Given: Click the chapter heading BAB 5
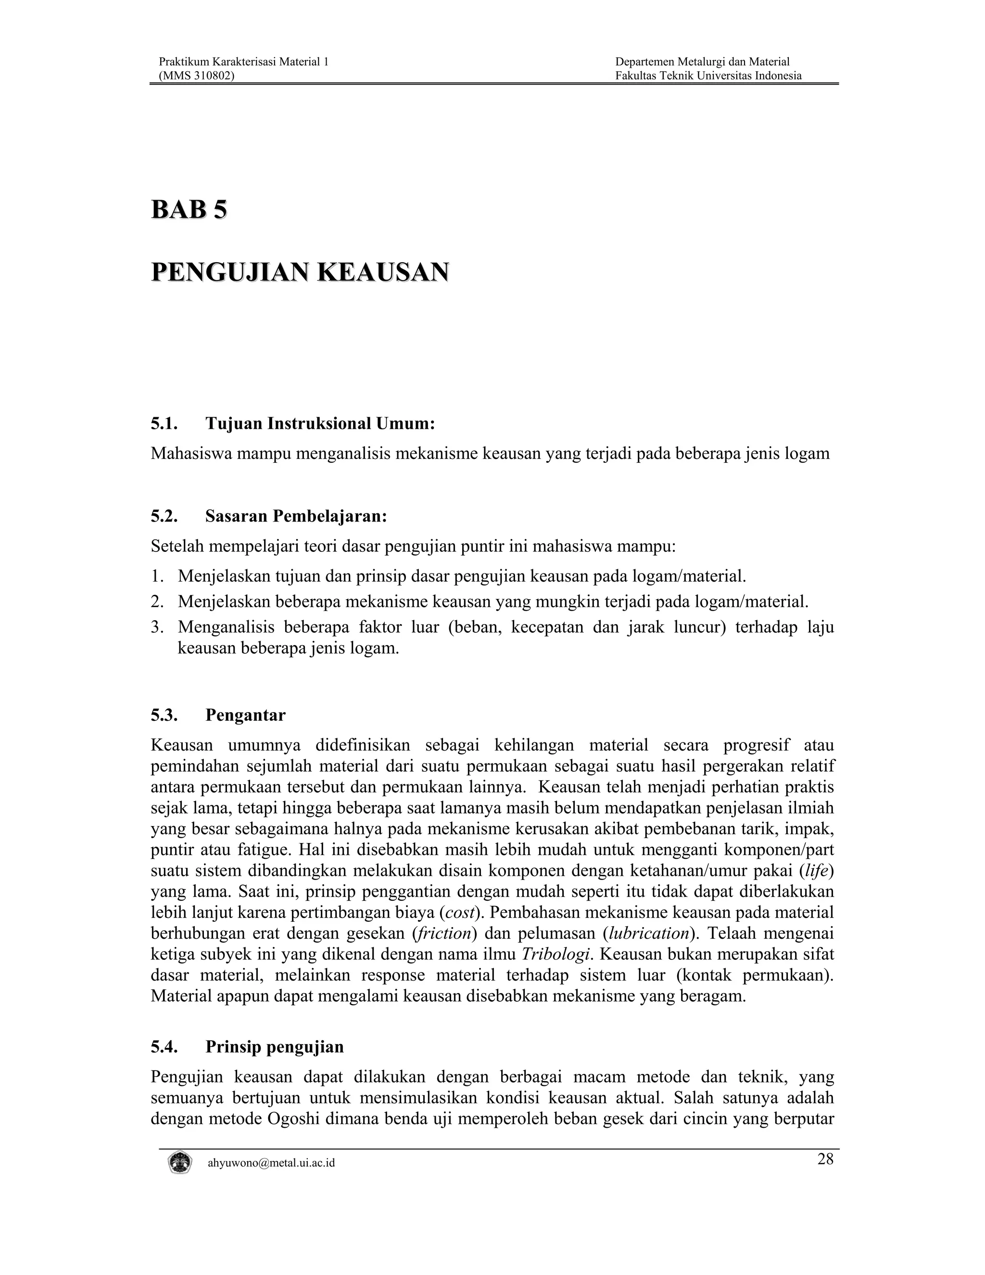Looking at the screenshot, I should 189,210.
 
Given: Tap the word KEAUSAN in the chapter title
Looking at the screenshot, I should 383,273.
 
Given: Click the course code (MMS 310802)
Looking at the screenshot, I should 197,76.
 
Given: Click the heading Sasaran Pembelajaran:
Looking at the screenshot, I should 296,516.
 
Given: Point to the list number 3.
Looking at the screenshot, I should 156,627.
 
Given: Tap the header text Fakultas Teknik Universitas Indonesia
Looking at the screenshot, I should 708,76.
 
